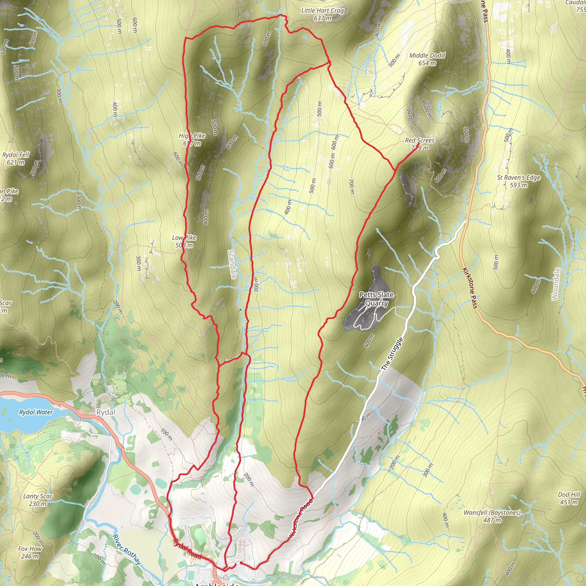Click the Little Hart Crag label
322,14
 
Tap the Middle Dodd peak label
427,59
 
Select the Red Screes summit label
419,144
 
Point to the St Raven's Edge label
518,181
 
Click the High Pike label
192,139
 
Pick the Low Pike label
184,241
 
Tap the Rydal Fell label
15,158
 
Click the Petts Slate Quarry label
377,299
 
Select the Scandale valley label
232,264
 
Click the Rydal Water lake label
36,412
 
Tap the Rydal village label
106,412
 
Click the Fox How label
30,552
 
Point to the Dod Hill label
569,498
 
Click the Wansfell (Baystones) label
492,516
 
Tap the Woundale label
555,284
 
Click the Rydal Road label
187,549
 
